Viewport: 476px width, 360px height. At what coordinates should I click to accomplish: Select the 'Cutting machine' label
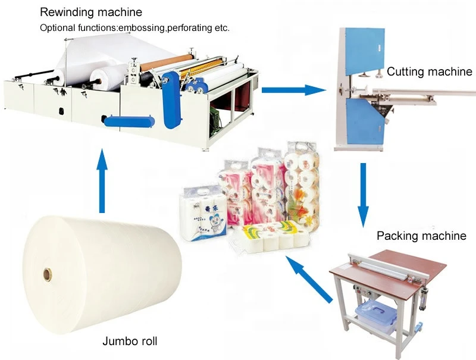[x=429, y=72]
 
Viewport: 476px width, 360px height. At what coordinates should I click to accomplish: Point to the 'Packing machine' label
[x=421, y=236]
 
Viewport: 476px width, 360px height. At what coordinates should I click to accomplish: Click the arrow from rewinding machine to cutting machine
[x=294, y=90]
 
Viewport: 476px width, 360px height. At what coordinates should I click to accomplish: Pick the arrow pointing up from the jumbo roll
[x=103, y=182]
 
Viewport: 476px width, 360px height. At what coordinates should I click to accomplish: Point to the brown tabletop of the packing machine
[x=387, y=268]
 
